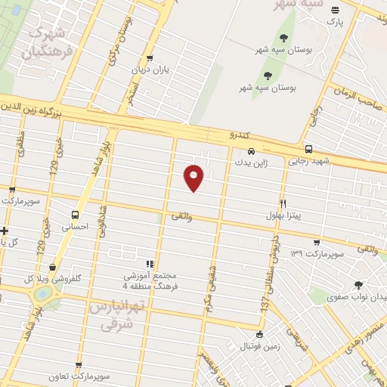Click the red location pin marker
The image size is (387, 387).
(x=193, y=178)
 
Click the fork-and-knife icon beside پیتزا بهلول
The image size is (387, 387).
(x=283, y=203)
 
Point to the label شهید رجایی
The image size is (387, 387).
(x=309, y=161)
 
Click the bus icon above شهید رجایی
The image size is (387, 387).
(x=308, y=149)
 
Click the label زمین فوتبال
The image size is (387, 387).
(x=261, y=346)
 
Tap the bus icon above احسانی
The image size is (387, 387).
(x=75, y=214)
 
